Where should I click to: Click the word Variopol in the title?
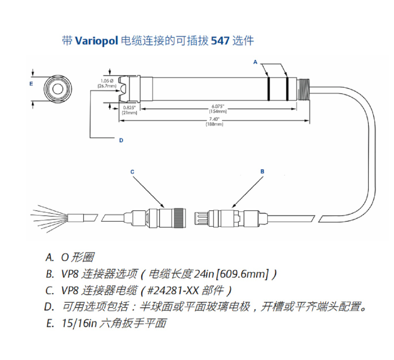96,40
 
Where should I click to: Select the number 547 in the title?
220,40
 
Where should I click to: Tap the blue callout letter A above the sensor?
256,62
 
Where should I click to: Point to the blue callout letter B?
262,172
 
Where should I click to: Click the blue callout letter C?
132,172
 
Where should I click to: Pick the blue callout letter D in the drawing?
121,140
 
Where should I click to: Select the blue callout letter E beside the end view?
31,84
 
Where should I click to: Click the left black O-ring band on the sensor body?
268,89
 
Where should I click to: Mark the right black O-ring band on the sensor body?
288,89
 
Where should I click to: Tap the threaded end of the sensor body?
303,89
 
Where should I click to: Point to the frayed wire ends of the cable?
49,218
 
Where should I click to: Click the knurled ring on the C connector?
180,218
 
